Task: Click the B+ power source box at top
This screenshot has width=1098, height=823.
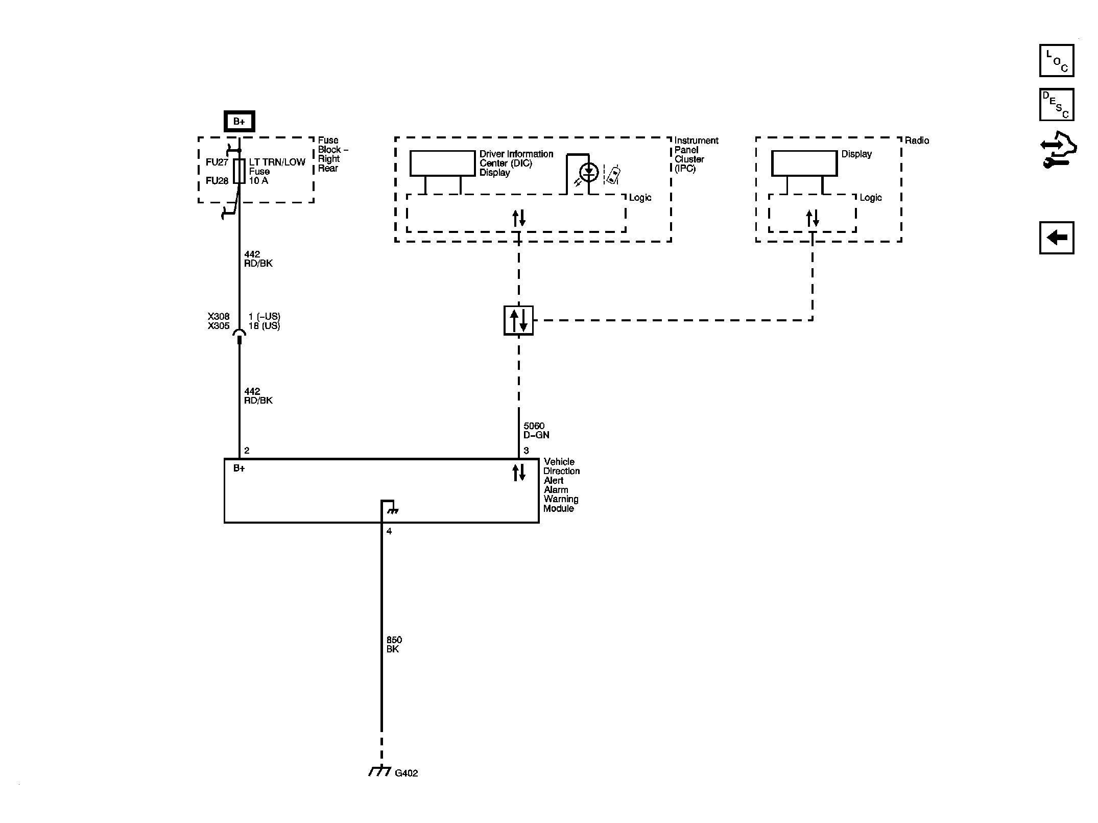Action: (x=239, y=122)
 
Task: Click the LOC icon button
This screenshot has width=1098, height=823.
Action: (x=1056, y=61)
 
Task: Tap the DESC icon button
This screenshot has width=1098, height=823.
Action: (x=1056, y=105)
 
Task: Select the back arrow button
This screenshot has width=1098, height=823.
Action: (x=1056, y=238)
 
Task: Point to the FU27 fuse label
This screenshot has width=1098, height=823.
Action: (x=217, y=162)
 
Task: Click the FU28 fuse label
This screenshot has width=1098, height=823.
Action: (x=217, y=181)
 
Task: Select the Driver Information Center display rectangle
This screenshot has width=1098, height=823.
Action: (x=442, y=163)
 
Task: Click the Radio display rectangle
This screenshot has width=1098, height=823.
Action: (x=804, y=163)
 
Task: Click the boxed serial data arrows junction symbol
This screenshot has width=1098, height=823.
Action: (x=518, y=320)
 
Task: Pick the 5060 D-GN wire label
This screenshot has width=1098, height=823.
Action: (x=536, y=431)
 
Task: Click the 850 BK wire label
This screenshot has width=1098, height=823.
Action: (x=394, y=644)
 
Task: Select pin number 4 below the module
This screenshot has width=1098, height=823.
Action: (x=389, y=531)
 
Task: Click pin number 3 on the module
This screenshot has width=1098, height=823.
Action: (x=526, y=451)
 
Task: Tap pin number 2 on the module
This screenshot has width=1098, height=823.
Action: (x=247, y=451)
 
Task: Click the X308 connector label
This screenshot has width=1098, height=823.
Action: (x=219, y=317)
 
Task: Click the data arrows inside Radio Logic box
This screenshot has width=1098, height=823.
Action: (x=812, y=219)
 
